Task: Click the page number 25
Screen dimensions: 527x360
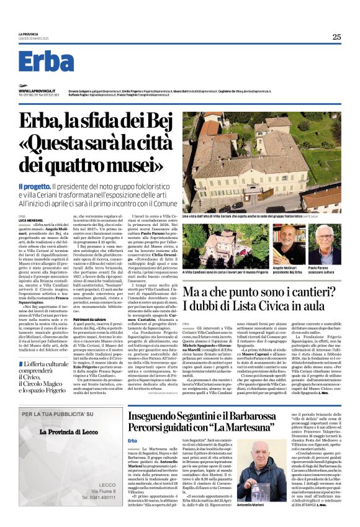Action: click(x=336, y=37)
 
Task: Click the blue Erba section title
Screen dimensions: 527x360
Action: click(x=46, y=61)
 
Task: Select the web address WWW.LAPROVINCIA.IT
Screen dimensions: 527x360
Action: click(x=35, y=91)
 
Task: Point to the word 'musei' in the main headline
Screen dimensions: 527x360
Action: click(x=133, y=164)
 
